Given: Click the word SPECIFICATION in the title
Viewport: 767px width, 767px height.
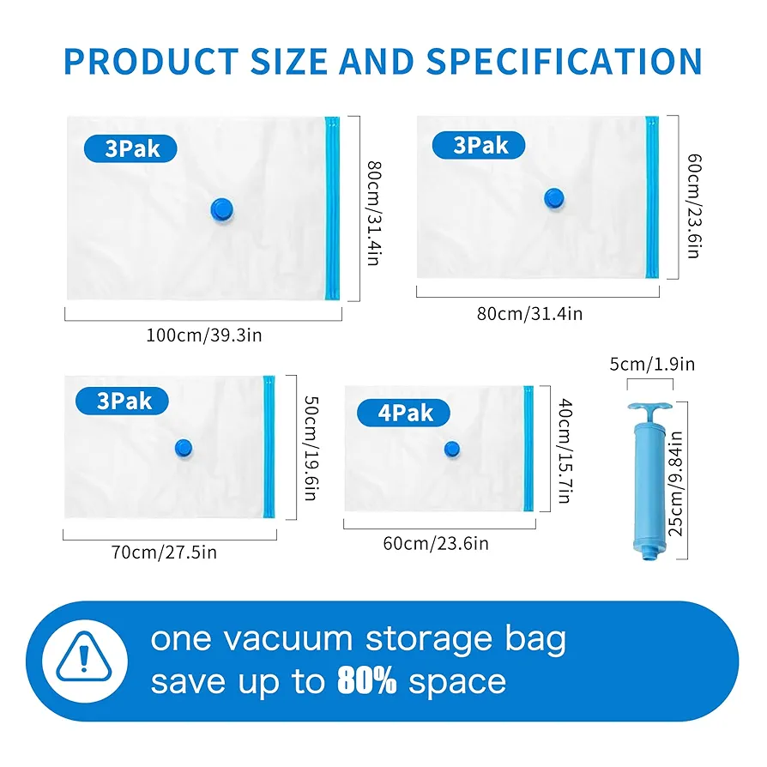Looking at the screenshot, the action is [565, 62].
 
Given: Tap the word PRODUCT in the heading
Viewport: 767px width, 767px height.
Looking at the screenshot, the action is [151, 62].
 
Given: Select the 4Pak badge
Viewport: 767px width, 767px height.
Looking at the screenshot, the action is [403, 413].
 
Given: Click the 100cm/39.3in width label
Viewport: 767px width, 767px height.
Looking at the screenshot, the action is [204, 335].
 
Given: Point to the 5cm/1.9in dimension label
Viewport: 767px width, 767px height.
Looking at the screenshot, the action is [652, 365].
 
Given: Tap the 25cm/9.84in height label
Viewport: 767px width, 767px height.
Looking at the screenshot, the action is [675, 483].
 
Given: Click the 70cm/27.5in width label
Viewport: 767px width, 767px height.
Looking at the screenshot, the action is [164, 553].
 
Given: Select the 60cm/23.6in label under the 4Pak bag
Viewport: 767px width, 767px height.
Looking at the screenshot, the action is [436, 543].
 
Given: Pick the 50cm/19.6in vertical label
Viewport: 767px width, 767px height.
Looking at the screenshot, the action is [311, 448].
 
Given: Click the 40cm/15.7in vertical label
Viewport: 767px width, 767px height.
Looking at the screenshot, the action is [565, 451].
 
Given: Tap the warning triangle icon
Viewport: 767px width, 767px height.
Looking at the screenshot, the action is [83, 657].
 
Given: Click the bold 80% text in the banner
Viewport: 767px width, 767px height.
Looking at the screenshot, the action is [367, 681].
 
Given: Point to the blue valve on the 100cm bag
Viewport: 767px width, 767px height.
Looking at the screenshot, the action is [221, 210].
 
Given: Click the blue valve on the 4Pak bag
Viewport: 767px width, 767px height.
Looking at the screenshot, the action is [452, 449].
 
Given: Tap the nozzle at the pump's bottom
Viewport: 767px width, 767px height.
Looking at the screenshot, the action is [649, 553].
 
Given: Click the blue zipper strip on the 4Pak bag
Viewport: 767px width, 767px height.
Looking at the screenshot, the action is [528, 449].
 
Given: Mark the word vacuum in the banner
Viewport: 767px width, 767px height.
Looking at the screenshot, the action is [288, 639].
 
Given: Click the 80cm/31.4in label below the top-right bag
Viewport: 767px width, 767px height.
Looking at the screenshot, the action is [529, 313].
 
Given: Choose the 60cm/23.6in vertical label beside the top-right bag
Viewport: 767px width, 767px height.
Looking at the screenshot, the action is [694, 206].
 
